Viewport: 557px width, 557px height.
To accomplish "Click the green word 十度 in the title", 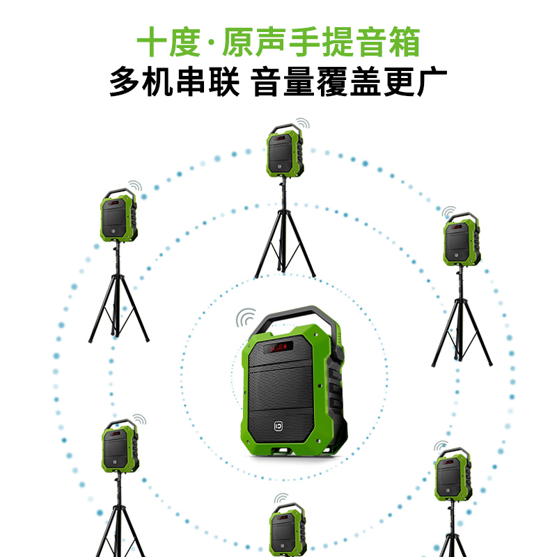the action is point(168,42).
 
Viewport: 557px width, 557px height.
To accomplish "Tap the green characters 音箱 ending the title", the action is point(388,42).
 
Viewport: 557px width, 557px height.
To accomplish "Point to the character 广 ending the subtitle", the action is point(432,81).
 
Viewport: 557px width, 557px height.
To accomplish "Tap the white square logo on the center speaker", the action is point(278,426).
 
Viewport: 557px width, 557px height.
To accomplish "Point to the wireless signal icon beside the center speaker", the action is point(246,317).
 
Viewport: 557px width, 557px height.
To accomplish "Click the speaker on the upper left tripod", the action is point(118,215).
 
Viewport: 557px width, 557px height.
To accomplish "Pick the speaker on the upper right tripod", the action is point(462,240).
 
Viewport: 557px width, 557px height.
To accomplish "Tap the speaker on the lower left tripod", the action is point(120,446).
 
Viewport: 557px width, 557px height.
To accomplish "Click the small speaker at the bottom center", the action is point(288,530).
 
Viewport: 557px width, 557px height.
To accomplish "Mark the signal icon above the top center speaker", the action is point(303,124).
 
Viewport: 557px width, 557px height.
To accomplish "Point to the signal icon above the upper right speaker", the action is point(448,212).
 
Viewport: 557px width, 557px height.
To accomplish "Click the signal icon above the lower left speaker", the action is point(139,420).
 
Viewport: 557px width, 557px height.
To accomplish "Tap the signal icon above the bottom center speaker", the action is point(281,499).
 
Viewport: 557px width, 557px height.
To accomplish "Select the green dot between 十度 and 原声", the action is point(212,42).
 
